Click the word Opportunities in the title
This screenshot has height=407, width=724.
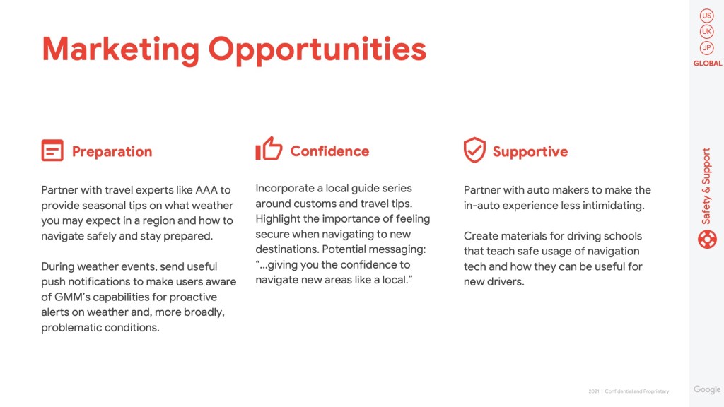click(x=317, y=50)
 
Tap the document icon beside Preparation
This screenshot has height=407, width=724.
click(x=52, y=150)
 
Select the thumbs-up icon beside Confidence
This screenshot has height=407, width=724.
click(x=269, y=148)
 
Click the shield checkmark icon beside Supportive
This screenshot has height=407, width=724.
click(x=474, y=150)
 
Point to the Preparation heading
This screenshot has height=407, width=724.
click(x=112, y=151)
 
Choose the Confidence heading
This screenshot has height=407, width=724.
click(x=329, y=151)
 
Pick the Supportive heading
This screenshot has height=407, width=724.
click(x=530, y=151)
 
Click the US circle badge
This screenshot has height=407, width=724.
click(x=706, y=16)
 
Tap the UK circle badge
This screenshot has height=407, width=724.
click(x=706, y=31)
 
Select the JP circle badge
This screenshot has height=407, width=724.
click(x=706, y=47)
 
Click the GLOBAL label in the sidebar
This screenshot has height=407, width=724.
click(x=707, y=63)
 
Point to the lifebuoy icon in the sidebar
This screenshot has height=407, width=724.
click(x=707, y=240)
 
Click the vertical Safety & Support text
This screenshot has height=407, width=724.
click(x=706, y=186)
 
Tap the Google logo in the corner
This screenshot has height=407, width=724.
click(x=707, y=389)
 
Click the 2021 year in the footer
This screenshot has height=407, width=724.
click(x=594, y=391)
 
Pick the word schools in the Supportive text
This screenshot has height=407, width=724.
click(x=622, y=236)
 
